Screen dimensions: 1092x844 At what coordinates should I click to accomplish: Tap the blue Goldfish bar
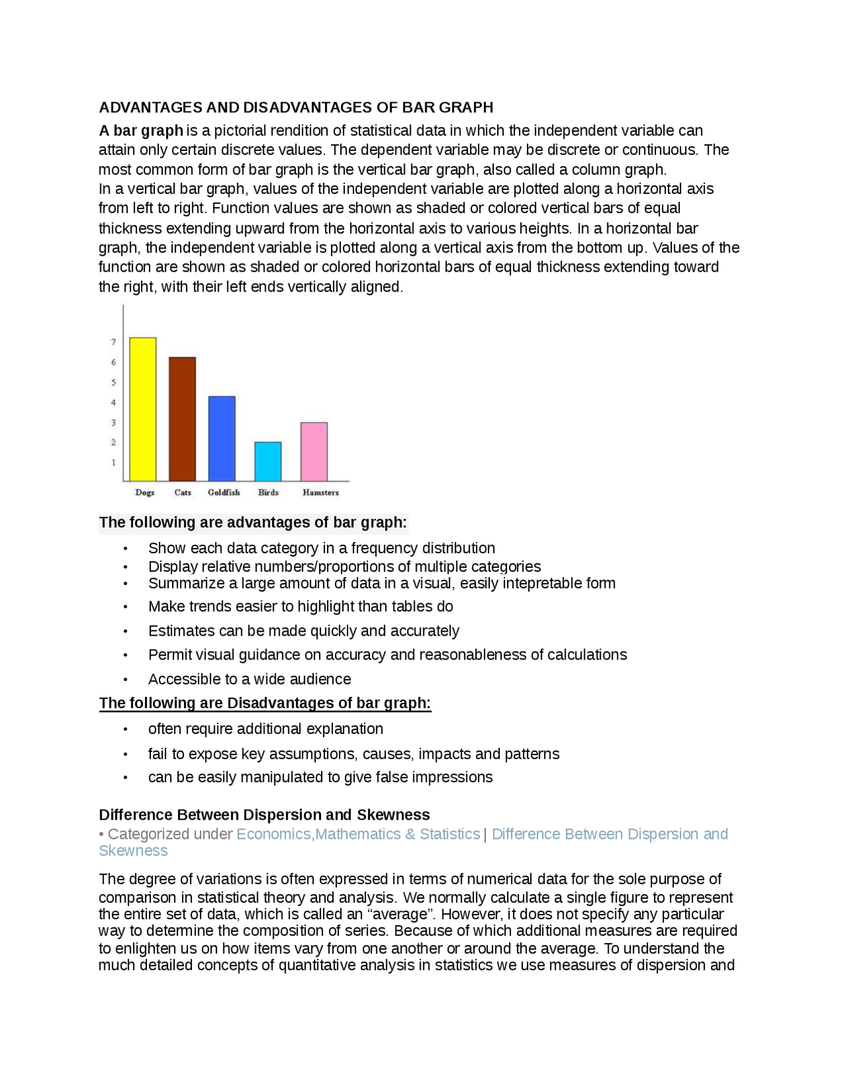[222, 439]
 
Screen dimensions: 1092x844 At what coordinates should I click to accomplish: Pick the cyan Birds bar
[268, 461]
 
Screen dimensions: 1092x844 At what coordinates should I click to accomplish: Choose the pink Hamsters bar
[314, 452]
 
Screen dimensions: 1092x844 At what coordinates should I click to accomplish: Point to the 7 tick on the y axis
[113, 342]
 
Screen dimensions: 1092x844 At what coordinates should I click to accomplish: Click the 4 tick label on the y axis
[113, 402]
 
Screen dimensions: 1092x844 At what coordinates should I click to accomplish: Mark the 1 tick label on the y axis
[113, 462]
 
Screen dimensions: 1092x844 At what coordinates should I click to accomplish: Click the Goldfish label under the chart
[224, 492]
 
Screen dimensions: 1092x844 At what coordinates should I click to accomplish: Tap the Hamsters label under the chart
[320, 492]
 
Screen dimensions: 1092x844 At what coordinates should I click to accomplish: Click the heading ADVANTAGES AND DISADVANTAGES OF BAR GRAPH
[295, 107]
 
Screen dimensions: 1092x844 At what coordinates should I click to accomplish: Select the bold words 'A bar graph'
[140, 131]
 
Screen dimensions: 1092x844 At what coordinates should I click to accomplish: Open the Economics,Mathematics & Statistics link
[358, 834]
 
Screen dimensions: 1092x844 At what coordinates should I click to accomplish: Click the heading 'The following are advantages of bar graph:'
[253, 523]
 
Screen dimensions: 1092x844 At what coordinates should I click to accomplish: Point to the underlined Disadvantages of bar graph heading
[264, 703]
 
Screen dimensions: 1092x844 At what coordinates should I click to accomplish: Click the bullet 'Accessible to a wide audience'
[249, 679]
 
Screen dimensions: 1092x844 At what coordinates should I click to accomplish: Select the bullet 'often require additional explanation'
[265, 729]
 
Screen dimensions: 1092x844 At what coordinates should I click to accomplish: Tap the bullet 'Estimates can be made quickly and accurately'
[303, 631]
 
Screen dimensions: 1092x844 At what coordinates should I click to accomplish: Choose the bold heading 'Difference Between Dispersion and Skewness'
[264, 815]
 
